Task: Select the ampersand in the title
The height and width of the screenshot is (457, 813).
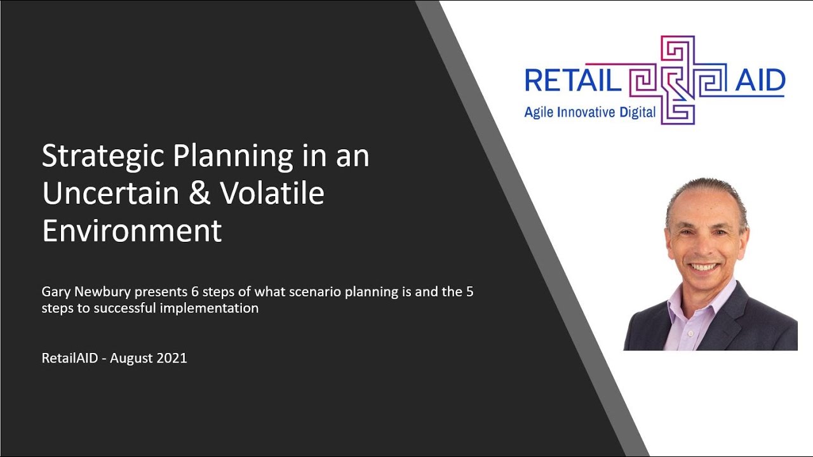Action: [200, 194]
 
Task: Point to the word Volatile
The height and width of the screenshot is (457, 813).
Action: [272, 194]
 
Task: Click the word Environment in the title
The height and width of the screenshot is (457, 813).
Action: [131, 230]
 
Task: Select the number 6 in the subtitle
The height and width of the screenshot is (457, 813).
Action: [195, 292]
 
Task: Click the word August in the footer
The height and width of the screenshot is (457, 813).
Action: [132, 358]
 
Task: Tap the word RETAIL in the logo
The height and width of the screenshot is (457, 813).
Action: [572, 81]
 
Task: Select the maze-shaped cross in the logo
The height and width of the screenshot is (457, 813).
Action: [677, 79]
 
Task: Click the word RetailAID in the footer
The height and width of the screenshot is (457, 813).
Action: [71, 358]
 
